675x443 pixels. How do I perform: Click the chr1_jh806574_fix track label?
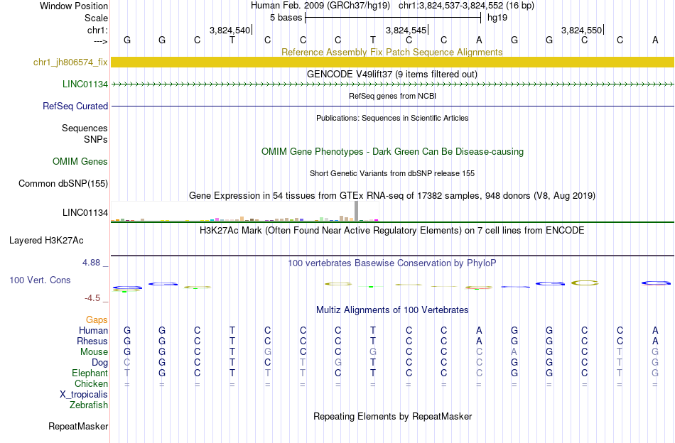tap(70, 62)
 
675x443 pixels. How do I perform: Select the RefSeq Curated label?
tap(75, 106)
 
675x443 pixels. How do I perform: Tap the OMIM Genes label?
tap(80, 162)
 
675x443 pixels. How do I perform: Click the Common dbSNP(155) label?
tap(63, 184)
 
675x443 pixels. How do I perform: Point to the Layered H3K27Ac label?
tap(58, 240)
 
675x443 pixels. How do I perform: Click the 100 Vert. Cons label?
tap(40, 280)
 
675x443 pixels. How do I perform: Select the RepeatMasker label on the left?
tap(78, 427)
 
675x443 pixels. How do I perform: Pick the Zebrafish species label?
tap(89, 405)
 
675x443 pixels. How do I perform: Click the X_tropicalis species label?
tap(84, 395)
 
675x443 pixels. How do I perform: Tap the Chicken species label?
tap(91, 384)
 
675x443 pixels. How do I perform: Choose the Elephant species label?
tap(90, 373)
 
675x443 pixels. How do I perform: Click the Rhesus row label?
tap(92, 341)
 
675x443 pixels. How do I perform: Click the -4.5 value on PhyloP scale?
tap(94, 298)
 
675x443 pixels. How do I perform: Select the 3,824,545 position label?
tap(406, 31)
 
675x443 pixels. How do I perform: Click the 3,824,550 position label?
tap(581, 31)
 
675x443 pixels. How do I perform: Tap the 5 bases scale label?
tap(286, 18)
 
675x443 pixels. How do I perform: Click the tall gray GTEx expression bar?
tap(357, 211)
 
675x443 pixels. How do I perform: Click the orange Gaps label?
tap(97, 320)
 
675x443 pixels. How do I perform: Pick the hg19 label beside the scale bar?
tap(497, 18)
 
